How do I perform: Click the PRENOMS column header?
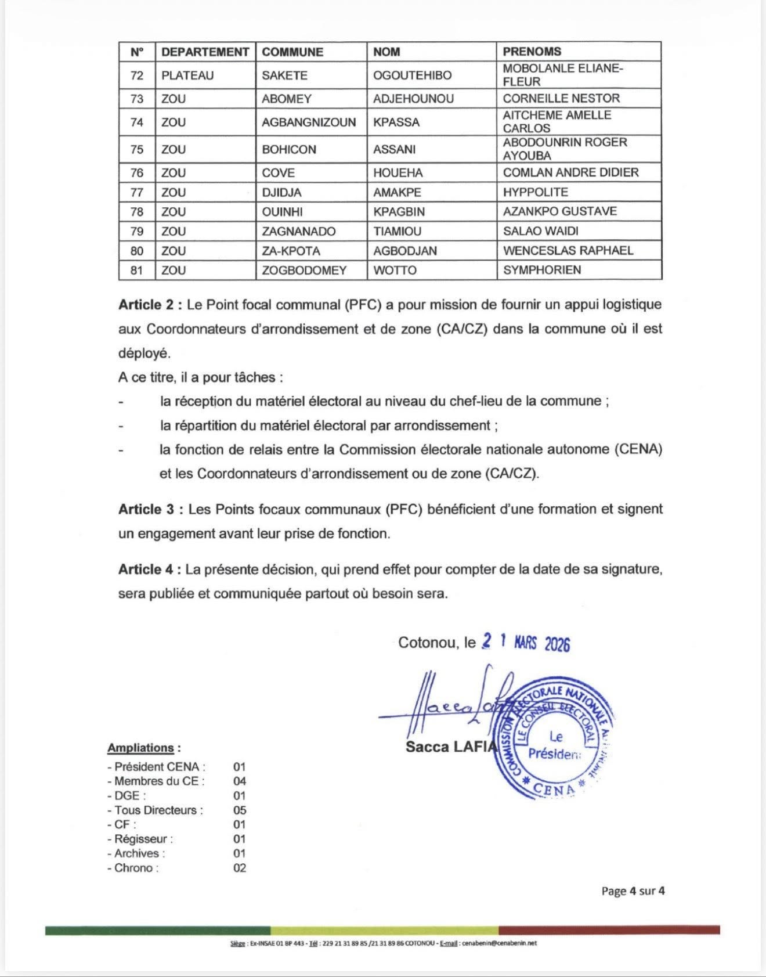pos(532,52)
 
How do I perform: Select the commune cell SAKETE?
pos(284,75)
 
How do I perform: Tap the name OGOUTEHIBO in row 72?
pos(412,75)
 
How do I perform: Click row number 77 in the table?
pos(137,192)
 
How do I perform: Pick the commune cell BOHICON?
pos(289,149)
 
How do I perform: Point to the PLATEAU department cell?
pos(187,75)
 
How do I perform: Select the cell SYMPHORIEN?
pos(542,270)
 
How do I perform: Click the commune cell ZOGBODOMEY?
pos(304,270)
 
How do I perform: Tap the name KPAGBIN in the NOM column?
pos(399,211)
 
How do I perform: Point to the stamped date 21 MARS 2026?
pos(526,643)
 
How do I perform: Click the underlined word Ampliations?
pos(140,748)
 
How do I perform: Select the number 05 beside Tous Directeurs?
pos(240,810)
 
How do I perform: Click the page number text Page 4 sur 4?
pos(633,891)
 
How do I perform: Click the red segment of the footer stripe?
pos(609,931)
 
